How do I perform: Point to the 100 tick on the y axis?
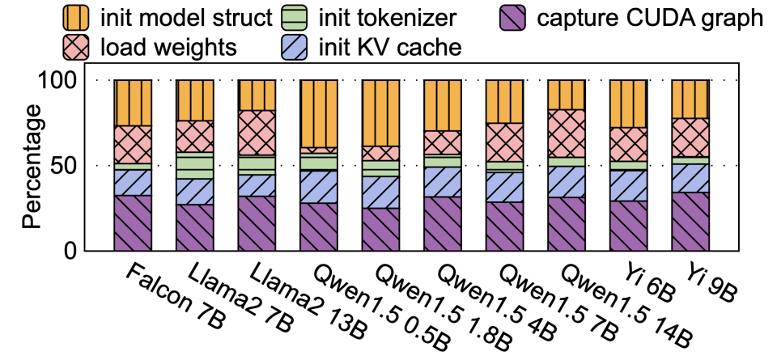tap(59, 81)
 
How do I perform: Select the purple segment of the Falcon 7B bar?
tap(133, 223)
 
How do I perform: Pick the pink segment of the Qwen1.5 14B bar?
tap(567, 133)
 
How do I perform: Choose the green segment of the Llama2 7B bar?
tap(195, 165)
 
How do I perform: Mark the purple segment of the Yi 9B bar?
tap(690, 222)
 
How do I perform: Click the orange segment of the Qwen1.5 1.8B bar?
tap(381, 113)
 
